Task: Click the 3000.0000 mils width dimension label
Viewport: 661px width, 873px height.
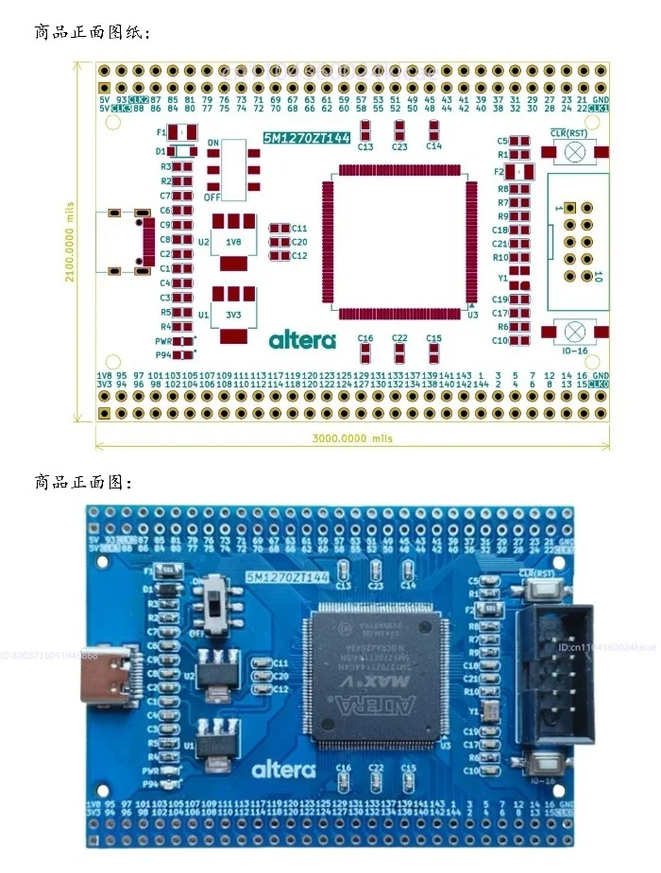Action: [352, 438]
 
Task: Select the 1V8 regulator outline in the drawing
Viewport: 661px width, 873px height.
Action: [232, 241]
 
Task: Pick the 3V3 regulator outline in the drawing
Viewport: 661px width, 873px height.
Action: [232, 313]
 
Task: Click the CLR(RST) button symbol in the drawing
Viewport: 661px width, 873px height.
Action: [573, 153]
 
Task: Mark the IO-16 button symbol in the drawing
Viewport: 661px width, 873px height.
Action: [573, 332]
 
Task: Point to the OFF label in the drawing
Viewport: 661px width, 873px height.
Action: [212, 198]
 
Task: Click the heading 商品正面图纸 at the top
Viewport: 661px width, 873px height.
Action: [91, 33]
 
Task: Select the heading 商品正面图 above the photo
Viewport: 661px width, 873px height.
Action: [82, 483]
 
